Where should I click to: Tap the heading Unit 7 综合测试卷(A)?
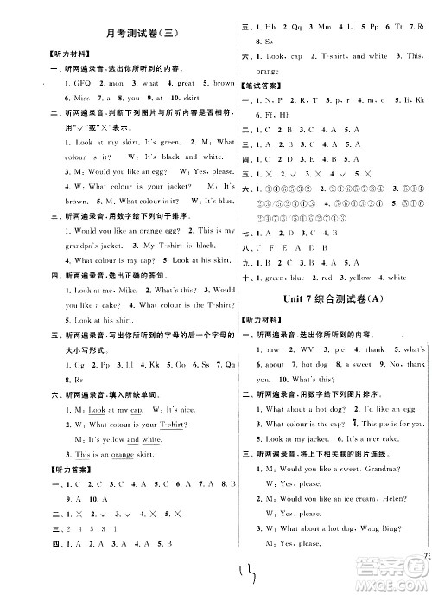pos(328,298)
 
